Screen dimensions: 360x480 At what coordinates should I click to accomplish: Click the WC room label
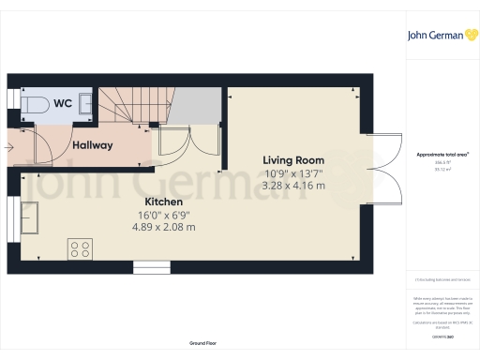[64, 102]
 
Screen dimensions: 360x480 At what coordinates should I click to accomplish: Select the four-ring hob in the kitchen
[80, 248]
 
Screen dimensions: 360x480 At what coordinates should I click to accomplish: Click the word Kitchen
[163, 202]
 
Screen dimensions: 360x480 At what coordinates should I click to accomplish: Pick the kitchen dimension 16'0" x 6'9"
[163, 215]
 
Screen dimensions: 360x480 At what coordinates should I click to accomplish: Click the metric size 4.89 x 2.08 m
[163, 227]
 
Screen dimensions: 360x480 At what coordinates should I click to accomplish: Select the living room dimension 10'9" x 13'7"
[294, 173]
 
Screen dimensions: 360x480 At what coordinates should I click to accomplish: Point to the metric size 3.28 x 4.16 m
[294, 186]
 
